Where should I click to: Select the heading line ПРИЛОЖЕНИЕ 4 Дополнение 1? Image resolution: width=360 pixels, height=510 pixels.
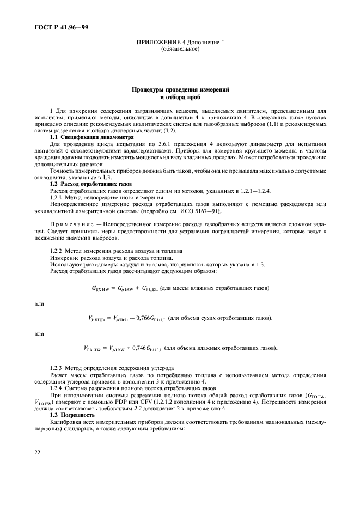click(180, 43)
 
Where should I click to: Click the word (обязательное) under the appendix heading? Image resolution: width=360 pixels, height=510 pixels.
click(180, 50)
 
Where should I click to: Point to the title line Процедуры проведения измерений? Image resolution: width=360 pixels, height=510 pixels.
click(180, 89)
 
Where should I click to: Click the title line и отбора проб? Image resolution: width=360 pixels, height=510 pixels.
click(180, 97)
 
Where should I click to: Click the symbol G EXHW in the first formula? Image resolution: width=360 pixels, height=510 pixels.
click(102, 288)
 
